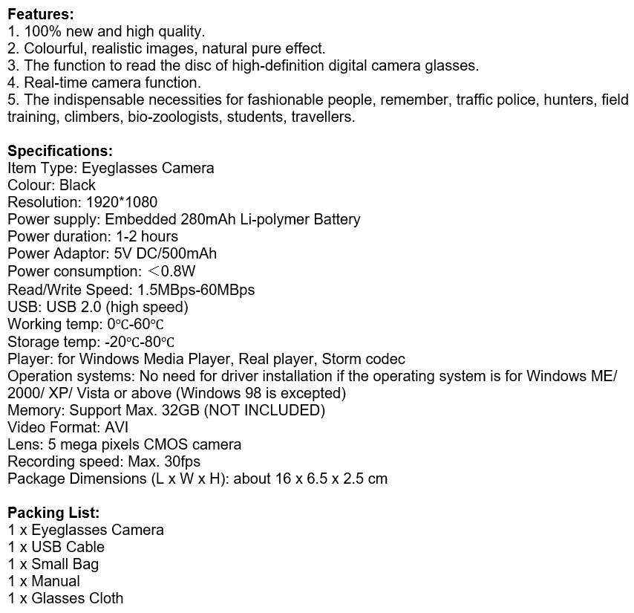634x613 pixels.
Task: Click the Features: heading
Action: tap(41, 14)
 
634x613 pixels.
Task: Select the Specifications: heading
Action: tap(60, 151)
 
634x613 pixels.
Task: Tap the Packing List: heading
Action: tap(53, 513)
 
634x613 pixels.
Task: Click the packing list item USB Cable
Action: tap(68, 547)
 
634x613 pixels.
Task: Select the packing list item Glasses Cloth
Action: tap(77, 598)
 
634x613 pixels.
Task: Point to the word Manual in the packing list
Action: tap(55, 581)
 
